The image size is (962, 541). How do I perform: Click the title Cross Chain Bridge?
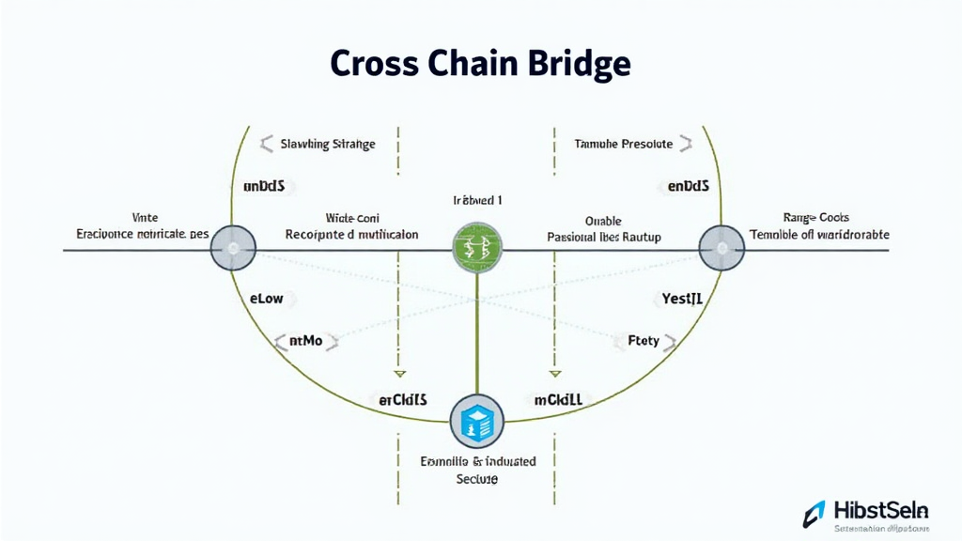click(480, 64)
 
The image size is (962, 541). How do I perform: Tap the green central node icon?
click(477, 249)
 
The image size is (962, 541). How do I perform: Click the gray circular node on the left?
click(233, 249)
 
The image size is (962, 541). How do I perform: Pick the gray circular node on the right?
click(722, 249)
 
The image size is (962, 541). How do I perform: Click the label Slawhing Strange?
click(328, 144)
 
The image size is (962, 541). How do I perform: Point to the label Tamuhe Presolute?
click(623, 144)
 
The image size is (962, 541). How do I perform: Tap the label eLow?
click(267, 299)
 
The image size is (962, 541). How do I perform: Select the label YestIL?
click(683, 299)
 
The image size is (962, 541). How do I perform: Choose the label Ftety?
click(644, 341)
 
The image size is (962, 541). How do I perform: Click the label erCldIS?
click(402, 399)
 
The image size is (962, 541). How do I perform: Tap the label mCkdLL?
click(558, 399)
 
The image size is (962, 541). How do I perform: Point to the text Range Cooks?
click(815, 217)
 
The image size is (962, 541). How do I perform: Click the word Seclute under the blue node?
click(476, 479)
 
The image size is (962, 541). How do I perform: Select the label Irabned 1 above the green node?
click(477, 201)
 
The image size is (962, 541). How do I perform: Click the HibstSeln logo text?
click(881, 510)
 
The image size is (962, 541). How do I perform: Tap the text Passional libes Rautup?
click(604, 238)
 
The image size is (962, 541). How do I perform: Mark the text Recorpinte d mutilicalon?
click(351, 234)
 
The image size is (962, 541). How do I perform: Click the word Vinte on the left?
click(147, 217)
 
